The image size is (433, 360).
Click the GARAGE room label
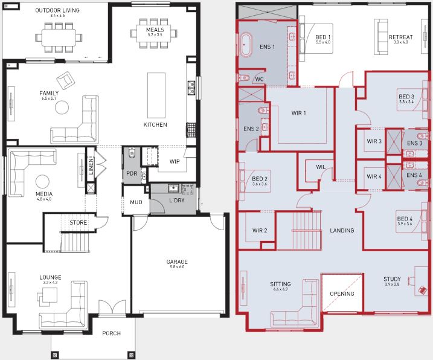coord(177,262)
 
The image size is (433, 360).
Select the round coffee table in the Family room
coord(62,107)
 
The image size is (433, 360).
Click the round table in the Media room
coord(42,182)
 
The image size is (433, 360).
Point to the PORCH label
coord(112,333)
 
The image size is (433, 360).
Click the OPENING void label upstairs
coord(342,294)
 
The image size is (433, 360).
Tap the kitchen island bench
coord(156,95)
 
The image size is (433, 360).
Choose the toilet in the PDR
coord(132,153)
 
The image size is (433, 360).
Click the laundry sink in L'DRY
coord(173,188)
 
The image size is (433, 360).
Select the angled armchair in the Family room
coord(65,80)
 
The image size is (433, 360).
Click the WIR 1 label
coord(298,113)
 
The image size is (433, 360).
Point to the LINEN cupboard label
coord(91,166)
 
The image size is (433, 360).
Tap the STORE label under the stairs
coord(78,223)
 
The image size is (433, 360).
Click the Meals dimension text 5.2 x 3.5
coord(155,35)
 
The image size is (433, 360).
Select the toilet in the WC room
coord(244,78)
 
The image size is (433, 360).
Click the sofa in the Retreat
coord(381,37)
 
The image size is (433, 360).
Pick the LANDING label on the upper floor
coord(342,230)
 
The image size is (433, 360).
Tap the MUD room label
coord(136,202)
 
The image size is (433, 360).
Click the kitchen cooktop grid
coord(191,130)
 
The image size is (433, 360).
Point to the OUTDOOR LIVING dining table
coord(59,37)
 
